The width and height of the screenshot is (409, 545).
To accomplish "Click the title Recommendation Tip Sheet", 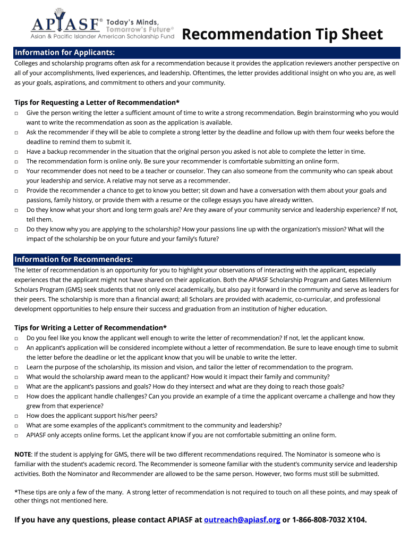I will (282, 35).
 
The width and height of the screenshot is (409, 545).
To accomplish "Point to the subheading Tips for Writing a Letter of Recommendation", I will (90, 327).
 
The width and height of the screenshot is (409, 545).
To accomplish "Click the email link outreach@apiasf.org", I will (242, 519).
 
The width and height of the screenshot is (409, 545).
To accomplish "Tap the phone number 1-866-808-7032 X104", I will (329, 519).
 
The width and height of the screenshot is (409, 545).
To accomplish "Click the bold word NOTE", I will (23, 455).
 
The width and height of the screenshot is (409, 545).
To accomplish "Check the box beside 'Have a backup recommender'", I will (17, 152).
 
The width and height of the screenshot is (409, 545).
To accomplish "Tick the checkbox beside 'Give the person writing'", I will (17, 113).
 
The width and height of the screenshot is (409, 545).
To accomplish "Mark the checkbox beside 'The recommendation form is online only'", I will (17, 161).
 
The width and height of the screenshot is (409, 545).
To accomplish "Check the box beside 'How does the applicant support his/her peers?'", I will (17, 416).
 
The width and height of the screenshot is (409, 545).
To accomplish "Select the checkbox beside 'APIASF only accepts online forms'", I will (17, 435).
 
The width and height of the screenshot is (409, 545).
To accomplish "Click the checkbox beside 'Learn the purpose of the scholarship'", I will (17, 367).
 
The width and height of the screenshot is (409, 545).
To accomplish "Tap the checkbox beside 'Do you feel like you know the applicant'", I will (17, 338).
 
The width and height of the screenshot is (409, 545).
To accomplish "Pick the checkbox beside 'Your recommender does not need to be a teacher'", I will (17, 171).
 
